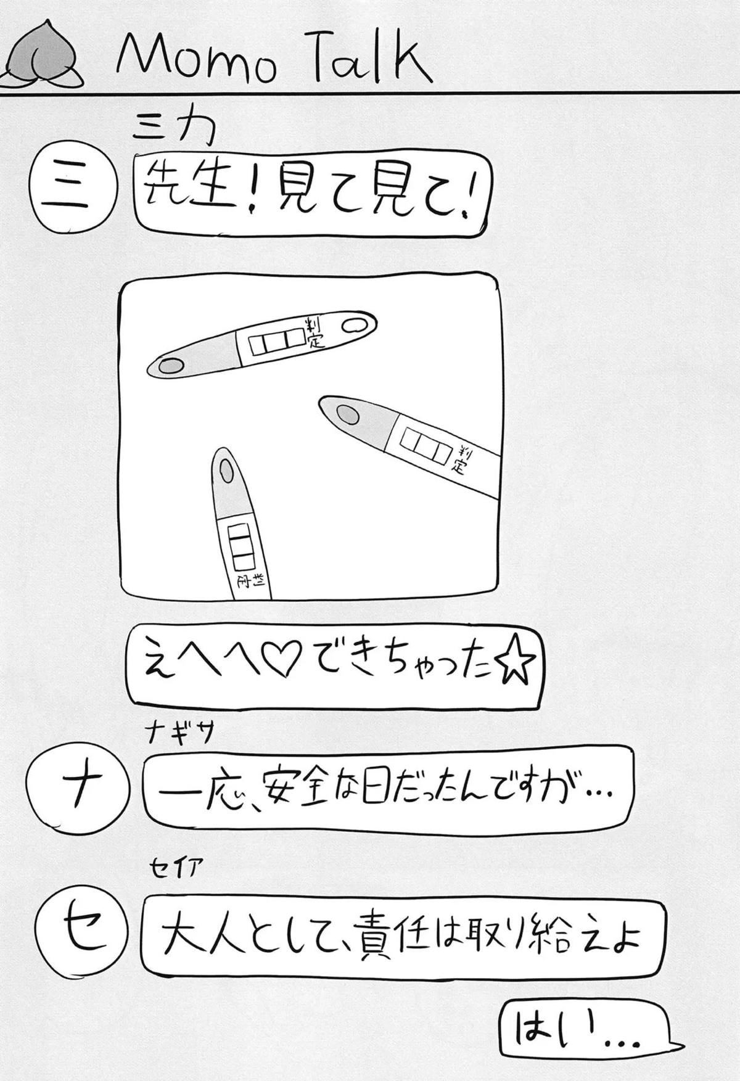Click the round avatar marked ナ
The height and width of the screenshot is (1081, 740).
[x=78, y=790]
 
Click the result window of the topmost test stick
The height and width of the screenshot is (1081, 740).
[x=277, y=342]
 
